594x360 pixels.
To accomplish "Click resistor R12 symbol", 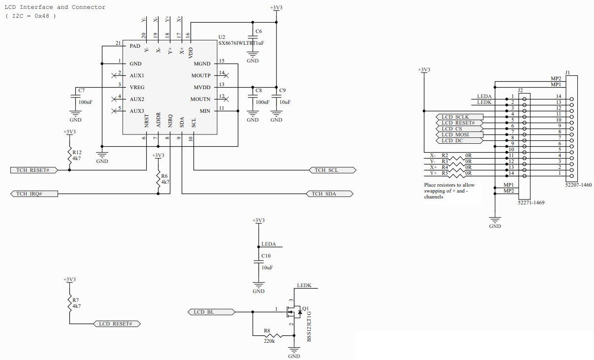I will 69,155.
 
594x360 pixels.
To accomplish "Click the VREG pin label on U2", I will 137,87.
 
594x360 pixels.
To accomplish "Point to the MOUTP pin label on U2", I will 201,75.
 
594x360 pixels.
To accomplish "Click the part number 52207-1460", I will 579,185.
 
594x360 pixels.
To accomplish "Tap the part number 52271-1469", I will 531,202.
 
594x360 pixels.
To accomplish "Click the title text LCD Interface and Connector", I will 55,7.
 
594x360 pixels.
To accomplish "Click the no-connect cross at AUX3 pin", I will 114,111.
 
